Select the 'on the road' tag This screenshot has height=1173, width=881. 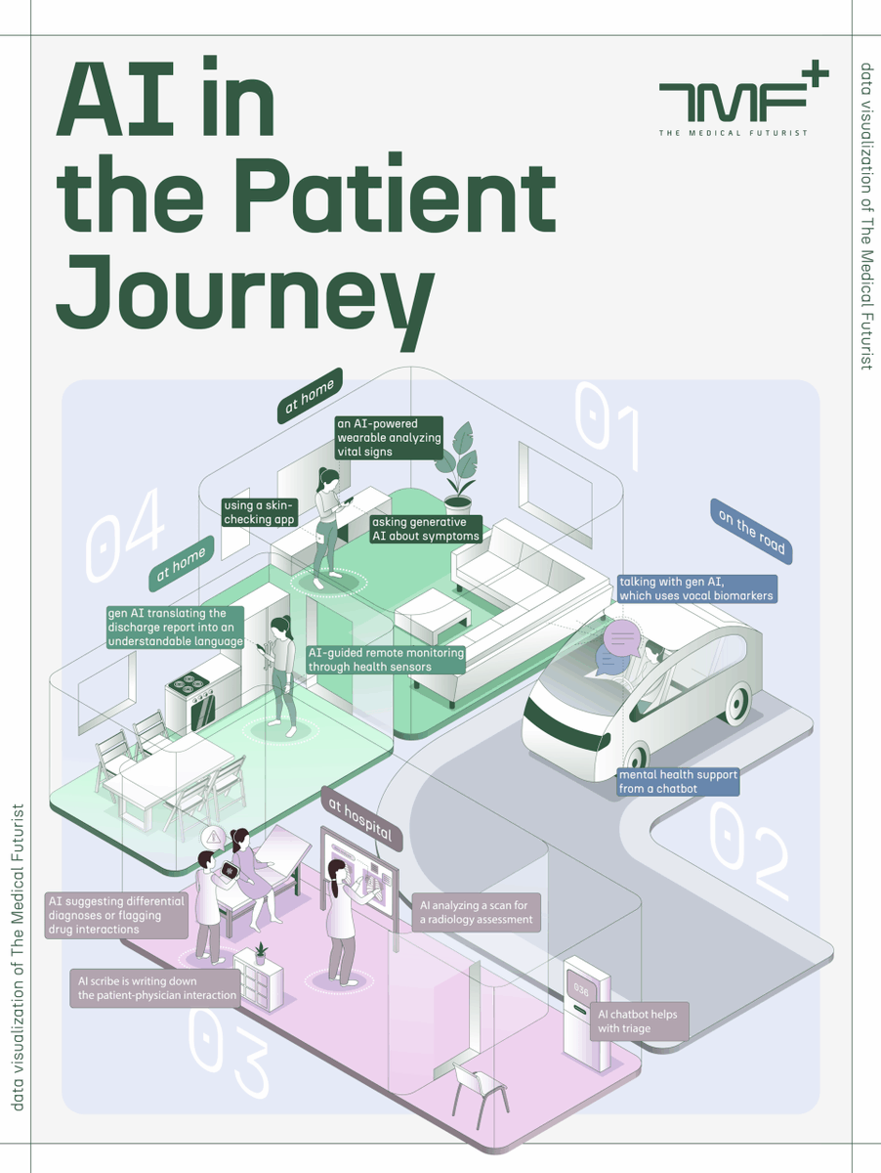pyautogui.click(x=751, y=531)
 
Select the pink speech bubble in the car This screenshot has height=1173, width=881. pyautogui.click(x=621, y=638)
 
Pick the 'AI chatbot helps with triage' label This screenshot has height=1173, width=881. pyautogui.click(x=639, y=1021)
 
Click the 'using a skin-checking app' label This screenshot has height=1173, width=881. pyautogui.click(x=260, y=512)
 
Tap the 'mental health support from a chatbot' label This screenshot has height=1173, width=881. pyautogui.click(x=678, y=782)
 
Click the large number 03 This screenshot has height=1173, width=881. pyautogui.click(x=230, y=1051)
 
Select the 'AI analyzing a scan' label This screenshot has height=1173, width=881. pyautogui.click(x=477, y=912)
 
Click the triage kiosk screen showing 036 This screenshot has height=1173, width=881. pyautogui.click(x=581, y=990)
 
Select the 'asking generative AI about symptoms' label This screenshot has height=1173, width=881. pyautogui.click(x=426, y=529)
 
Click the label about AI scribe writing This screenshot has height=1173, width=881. pyautogui.click(x=155, y=988)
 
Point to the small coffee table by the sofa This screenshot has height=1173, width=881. pyautogui.click(x=433, y=614)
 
